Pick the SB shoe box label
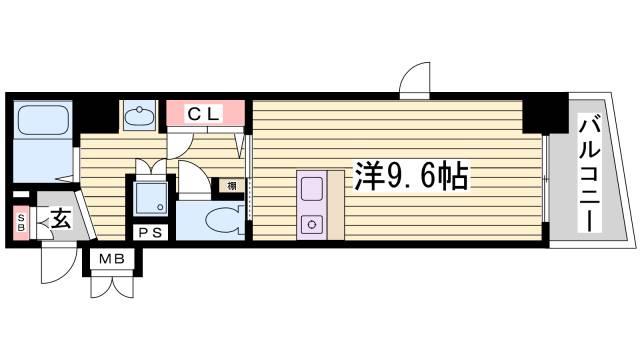pos(19,220)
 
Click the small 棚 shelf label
pos(231,185)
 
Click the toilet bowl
pos(224,220)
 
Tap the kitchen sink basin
pos(310,188)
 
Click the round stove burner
pos(310,223)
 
